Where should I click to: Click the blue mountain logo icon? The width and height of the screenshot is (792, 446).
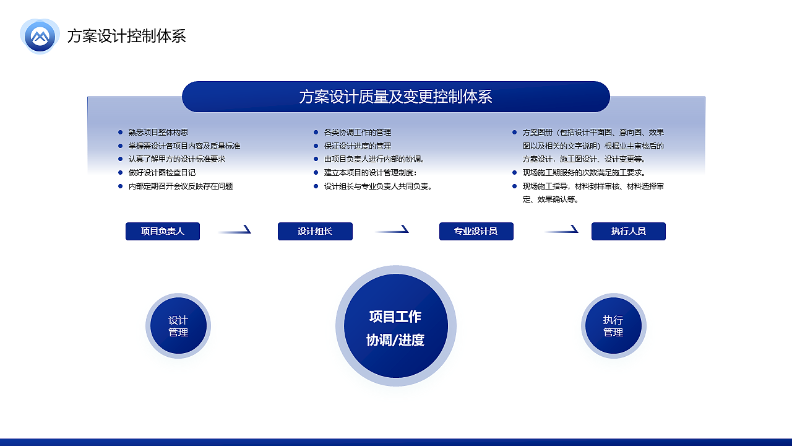(40, 36)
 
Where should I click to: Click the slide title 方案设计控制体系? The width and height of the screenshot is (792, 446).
(126, 36)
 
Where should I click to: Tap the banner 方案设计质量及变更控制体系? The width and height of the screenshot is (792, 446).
(396, 97)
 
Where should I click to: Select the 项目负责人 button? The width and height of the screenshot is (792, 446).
(163, 231)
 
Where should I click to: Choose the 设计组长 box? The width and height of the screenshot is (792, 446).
(315, 231)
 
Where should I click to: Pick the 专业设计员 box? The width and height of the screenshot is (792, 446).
(476, 231)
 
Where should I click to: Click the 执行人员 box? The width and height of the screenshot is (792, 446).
(628, 231)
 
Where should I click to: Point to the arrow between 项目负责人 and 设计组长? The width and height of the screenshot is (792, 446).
(235, 230)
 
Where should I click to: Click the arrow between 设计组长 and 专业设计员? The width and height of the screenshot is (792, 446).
(392, 230)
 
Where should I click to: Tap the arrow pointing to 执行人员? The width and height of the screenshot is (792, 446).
(562, 230)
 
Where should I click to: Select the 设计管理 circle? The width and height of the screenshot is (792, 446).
(178, 326)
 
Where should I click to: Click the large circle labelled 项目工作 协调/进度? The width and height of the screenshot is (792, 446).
(395, 326)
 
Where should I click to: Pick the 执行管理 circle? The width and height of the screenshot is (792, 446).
(613, 326)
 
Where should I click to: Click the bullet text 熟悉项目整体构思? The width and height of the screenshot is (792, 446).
(158, 133)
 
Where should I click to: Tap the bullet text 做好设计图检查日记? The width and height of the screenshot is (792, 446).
(162, 173)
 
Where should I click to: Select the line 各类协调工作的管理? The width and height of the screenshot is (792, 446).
(358, 133)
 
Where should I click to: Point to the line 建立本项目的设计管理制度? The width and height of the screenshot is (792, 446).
(370, 173)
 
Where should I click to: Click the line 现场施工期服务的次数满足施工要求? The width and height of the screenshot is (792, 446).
(584, 173)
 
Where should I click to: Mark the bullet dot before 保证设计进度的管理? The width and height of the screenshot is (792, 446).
(316, 146)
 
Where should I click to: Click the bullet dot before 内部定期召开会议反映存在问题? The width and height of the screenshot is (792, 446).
(120, 186)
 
